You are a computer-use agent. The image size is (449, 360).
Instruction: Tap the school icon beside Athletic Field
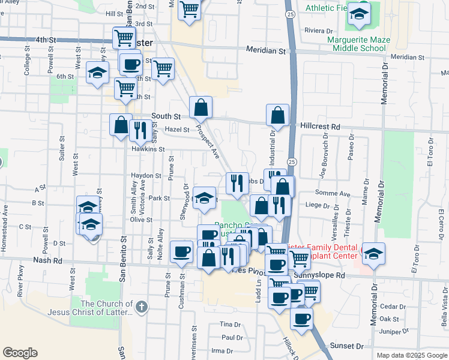pos(359,15)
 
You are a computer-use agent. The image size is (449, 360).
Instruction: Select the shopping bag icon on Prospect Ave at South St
pos(201,108)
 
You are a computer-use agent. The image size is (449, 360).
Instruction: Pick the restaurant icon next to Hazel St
pos(139,130)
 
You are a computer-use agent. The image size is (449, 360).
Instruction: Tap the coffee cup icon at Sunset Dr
pos(302,318)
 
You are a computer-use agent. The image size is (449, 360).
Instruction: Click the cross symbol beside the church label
pos(141,308)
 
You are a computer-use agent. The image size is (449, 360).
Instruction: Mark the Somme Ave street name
pos(337,194)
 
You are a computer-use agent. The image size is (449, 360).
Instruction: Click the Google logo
pos(20,353)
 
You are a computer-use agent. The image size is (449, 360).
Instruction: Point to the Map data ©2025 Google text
pos(412,355)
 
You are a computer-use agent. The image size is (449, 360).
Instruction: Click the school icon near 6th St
pos(97,74)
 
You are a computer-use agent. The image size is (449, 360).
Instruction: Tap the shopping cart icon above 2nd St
pos(190,10)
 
